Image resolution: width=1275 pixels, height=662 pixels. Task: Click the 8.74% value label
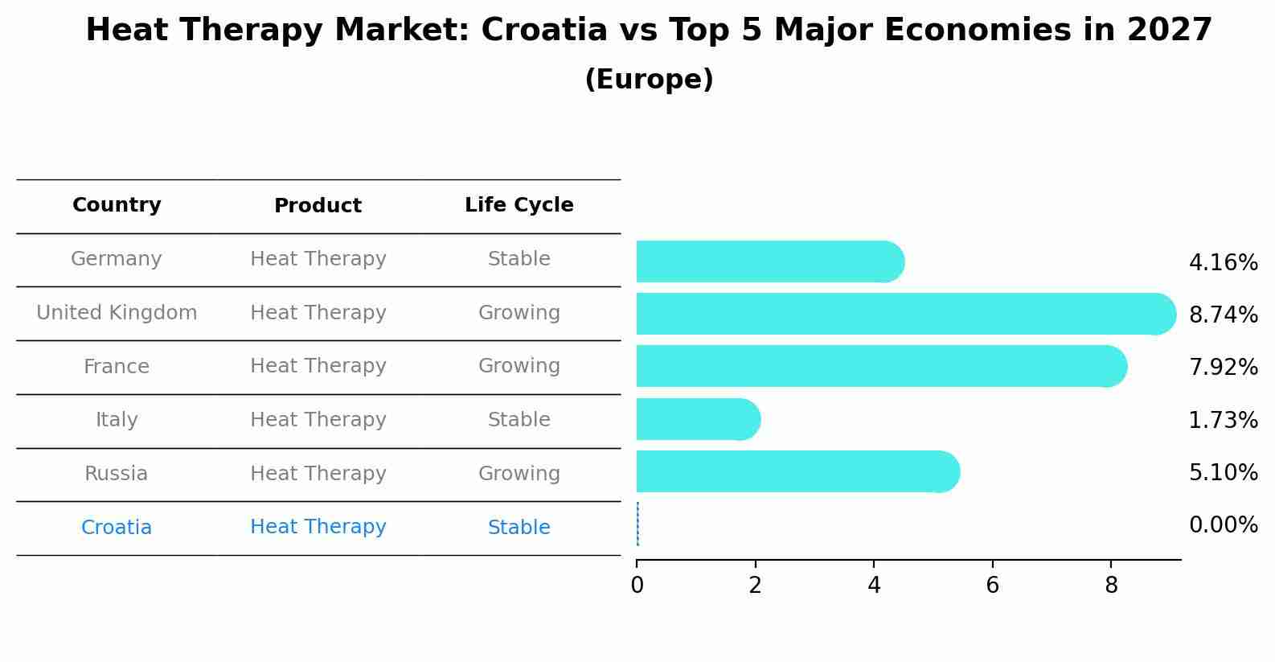pyautogui.click(x=1223, y=315)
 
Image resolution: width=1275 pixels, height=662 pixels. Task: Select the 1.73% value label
pyautogui.click(x=1223, y=420)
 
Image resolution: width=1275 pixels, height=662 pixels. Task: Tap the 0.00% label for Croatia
pyautogui.click(x=1223, y=525)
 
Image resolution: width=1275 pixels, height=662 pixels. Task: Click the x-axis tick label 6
pyautogui.click(x=992, y=586)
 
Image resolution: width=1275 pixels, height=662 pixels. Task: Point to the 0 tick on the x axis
pyautogui.click(x=637, y=586)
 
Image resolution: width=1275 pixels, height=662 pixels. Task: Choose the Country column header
pyautogui.click(x=117, y=205)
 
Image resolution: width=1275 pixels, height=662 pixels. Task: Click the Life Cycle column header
pyautogui.click(x=519, y=205)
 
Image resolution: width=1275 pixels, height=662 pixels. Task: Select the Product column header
pyautogui.click(x=318, y=206)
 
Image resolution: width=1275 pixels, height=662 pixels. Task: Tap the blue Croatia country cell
pyautogui.click(x=117, y=528)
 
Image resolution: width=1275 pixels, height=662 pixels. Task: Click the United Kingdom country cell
pyautogui.click(x=117, y=313)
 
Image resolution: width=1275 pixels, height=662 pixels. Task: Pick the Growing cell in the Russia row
pyautogui.click(x=519, y=474)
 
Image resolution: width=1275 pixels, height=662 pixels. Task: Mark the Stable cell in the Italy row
pyautogui.click(x=519, y=420)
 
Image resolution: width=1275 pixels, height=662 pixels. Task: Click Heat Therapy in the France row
pyautogui.click(x=318, y=366)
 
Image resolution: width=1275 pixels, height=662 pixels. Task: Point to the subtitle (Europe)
pyautogui.click(x=649, y=80)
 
